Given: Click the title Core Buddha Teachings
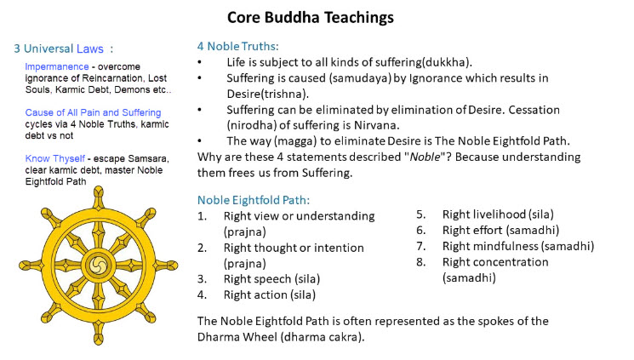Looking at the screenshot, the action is (310, 18).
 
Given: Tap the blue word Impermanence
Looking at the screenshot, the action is (57, 66).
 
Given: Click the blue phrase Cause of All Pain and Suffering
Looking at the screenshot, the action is (93, 112).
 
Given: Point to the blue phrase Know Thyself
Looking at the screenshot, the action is (55, 158).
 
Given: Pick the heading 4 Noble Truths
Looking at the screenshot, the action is (237, 47).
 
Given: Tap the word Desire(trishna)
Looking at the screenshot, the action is (267, 94).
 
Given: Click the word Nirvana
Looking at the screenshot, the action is (376, 125).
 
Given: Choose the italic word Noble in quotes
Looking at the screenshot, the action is (425, 157).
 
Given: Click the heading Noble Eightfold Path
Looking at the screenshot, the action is (254, 200).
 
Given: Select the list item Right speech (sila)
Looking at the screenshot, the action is (271, 279).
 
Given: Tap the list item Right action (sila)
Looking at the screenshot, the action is (270, 294).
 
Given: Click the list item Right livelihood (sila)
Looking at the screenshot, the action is (498, 214).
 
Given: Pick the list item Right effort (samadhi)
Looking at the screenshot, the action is (500, 230).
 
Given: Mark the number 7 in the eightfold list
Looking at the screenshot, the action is (421, 246).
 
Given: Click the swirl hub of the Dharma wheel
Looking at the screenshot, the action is (98, 266).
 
